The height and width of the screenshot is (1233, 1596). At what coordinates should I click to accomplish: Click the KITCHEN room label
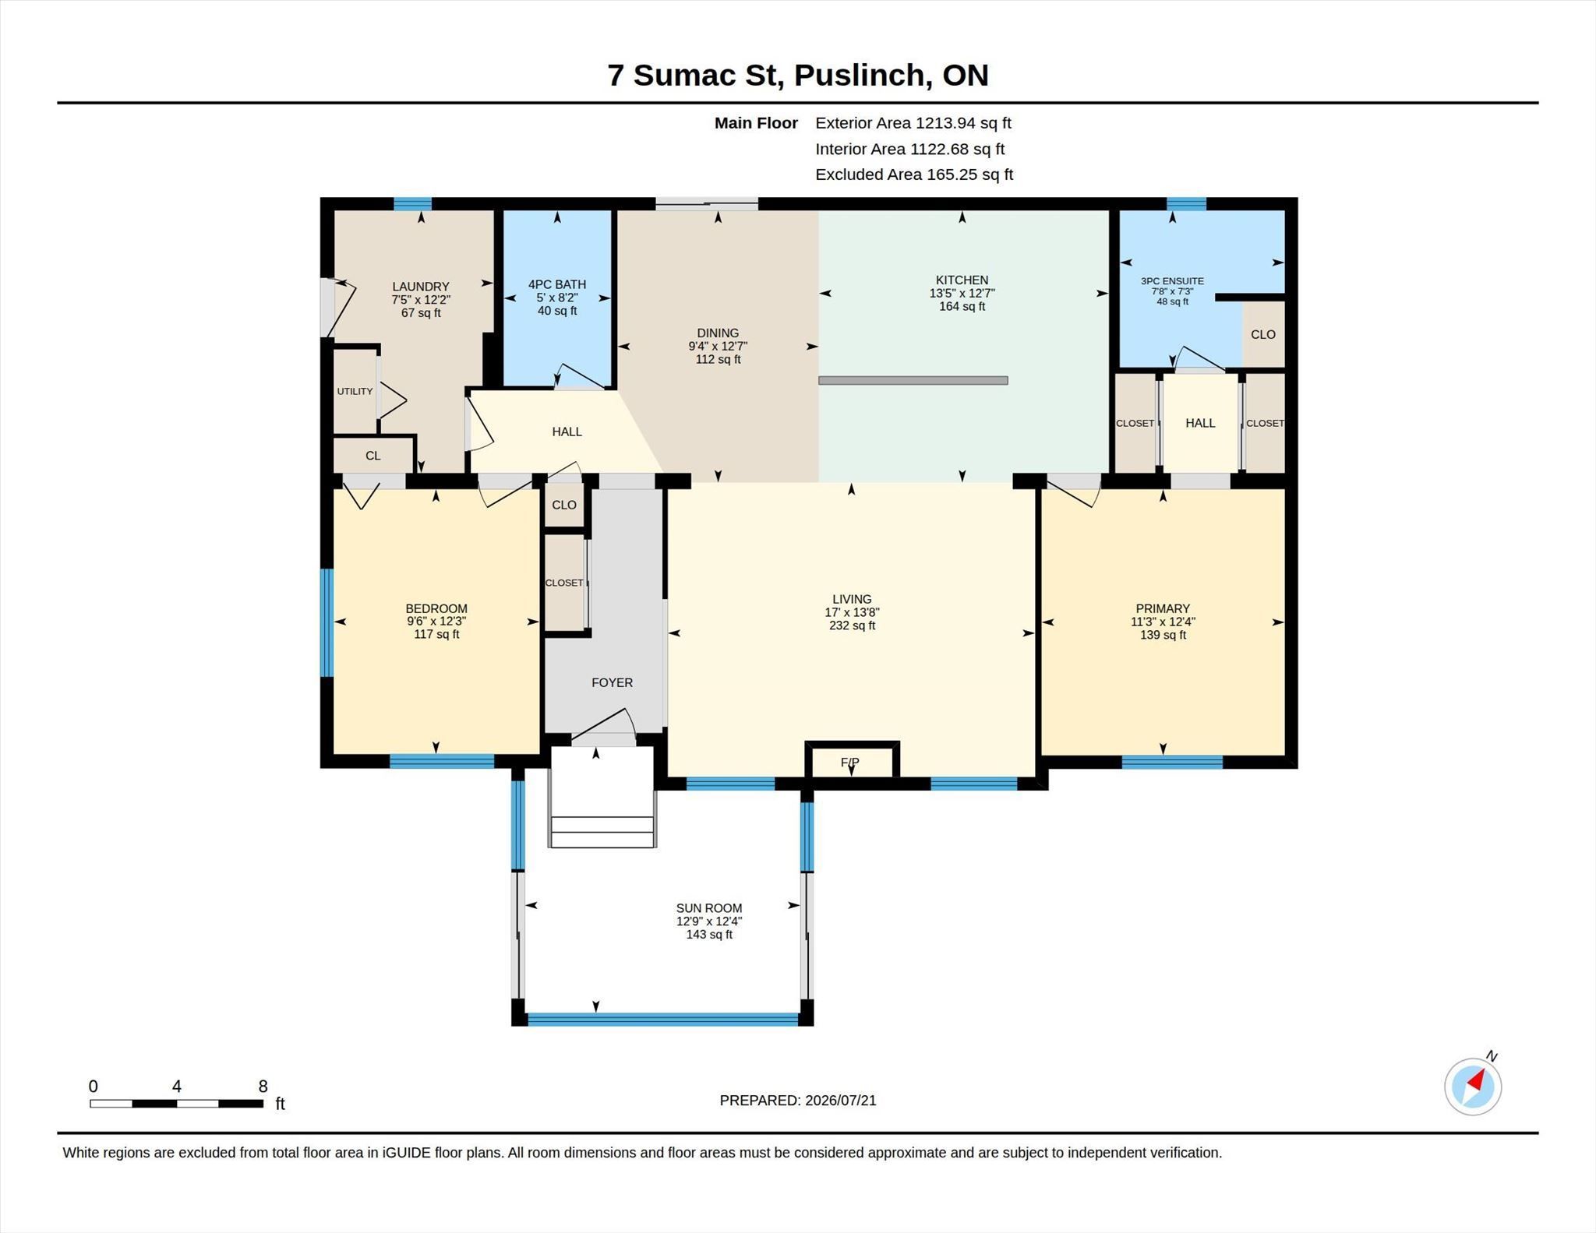tap(962, 280)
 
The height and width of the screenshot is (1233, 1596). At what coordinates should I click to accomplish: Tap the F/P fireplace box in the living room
tap(852, 760)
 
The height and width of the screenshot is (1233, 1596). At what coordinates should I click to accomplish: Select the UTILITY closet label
tap(355, 391)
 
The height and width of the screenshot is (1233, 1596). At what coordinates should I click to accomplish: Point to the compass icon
tap(1473, 1086)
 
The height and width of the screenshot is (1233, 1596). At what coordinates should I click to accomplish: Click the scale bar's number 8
tap(263, 1086)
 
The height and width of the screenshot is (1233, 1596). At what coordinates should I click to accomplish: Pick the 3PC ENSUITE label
tap(1172, 281)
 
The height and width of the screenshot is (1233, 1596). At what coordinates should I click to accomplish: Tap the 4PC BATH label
tap(557, 284)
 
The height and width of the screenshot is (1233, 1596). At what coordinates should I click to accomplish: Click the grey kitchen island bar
tap(913, 380)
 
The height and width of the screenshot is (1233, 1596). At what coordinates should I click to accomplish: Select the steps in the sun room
tap(602, 831)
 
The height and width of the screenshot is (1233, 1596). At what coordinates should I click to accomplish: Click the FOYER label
tap(612, 682)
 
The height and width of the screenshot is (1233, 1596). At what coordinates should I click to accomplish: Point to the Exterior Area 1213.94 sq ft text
tap(913, 123)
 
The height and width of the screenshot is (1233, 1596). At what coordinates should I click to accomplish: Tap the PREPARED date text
tap(798, 1100)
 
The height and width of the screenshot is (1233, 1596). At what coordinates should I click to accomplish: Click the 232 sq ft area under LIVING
tap(852, 625)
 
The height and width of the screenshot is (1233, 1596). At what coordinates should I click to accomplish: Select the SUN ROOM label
tap(709, 908)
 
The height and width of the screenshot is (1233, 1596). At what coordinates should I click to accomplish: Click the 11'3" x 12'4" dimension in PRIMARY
tap(1163, 622)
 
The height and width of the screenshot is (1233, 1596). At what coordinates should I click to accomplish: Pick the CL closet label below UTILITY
tap(373, 456)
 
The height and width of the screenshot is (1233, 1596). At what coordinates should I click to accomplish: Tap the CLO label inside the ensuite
tap(1263, 334)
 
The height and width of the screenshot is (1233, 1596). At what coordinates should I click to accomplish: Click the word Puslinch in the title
tap(860, 76)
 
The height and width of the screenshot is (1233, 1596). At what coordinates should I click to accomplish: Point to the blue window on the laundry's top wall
tap(412, 204)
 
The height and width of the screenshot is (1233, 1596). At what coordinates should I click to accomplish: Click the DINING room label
tap(718, 333)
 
